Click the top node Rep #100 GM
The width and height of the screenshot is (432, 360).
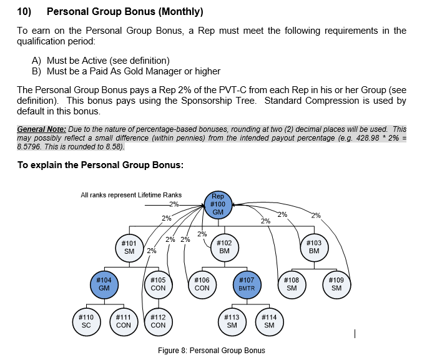(218, 204)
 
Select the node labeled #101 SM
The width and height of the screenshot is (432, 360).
(129, 247)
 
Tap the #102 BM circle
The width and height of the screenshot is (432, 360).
(224, 247)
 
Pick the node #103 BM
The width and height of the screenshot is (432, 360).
(314, 247)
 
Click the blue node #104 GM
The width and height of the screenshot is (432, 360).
(104, 284)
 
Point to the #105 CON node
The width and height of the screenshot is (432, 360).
(159, 284)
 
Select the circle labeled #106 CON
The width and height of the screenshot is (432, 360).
(202, 284)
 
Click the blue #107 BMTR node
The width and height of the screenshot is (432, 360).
(247, 284)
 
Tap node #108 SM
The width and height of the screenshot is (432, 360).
(292, 284)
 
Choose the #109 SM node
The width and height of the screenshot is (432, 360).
(336, 284)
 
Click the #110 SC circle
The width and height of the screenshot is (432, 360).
(86, 321)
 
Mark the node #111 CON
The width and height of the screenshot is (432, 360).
(124, 321)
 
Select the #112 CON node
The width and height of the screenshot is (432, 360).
(159, 321)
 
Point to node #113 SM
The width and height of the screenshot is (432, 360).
(232, 321)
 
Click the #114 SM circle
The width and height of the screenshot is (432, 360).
(269, 321)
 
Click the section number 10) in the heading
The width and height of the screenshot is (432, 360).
(24, 12)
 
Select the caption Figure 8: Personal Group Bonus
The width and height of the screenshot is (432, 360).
(211, 350)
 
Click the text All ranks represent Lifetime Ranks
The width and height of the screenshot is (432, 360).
(131, 195)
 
